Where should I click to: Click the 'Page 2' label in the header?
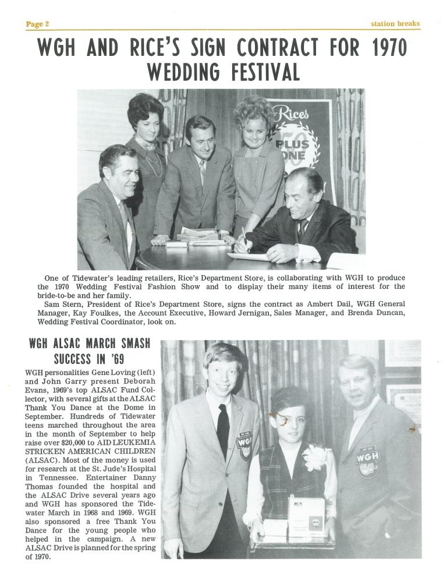(x=37, y=24)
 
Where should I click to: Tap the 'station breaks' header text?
(x=395, y=24)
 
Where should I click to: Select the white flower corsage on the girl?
(x=315, y=457)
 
